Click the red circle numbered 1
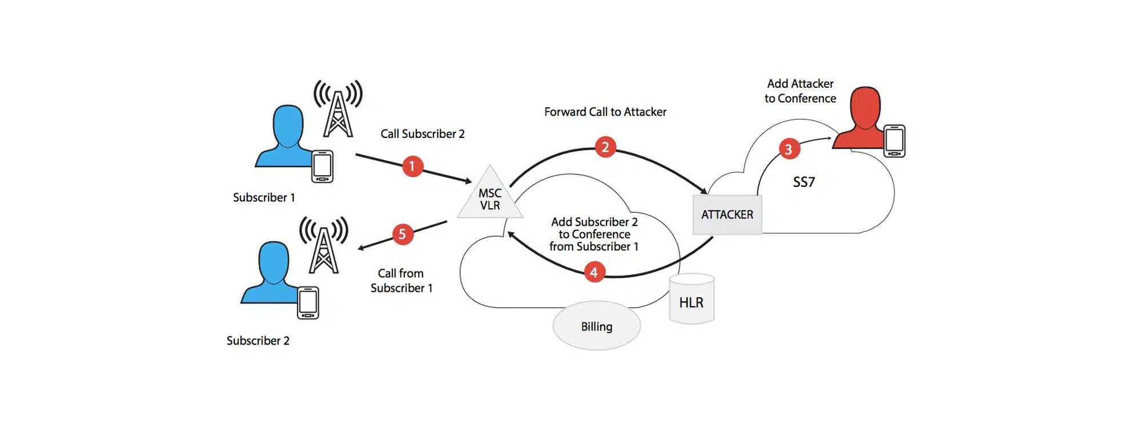coord(412,167)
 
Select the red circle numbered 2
coord(605,147)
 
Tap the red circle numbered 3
coord(789,149)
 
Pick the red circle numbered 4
coord(594,273)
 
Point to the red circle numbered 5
coord(403,234)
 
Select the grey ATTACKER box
coord(727,215)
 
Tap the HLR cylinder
coord(691,300)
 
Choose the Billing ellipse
coord(597,326)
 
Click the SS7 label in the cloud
coord(804,182)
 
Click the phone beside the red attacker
coord(894,141)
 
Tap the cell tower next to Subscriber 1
coord(338,109)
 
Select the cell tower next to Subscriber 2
coord(324,246)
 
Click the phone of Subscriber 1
coord(322,167)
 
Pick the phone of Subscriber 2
coord(308,303)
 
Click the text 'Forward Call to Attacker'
coord(605,112)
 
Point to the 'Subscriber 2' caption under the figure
coord(258,341)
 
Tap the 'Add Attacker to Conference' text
coord(800,91)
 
